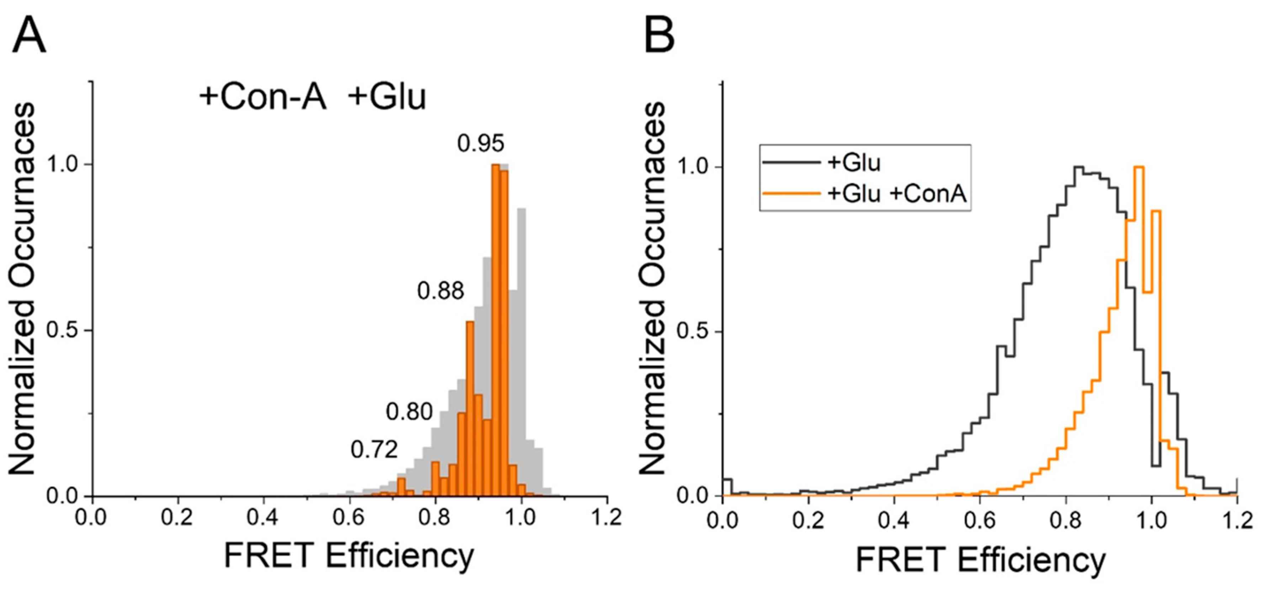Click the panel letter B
pyautogui.click(x=659, y=37)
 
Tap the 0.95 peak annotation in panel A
pyautogui.click(x=480, y=143)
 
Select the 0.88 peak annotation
pyautogui.click(x=441, y=291)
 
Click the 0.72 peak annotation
pyautogui.click(x=374, y=450)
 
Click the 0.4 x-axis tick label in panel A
pyautogui.click(x=263, y=518)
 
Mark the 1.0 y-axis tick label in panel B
pyautogui.click(x=694, y=167)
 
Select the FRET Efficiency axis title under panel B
pyautogui.click(x=980, y=559)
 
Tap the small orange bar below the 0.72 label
pyautogui.click(x=401, y=487)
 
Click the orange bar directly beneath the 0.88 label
pyautogui.click(x=470, y=408)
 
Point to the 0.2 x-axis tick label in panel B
pyautogui.click(x=808, y=520)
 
